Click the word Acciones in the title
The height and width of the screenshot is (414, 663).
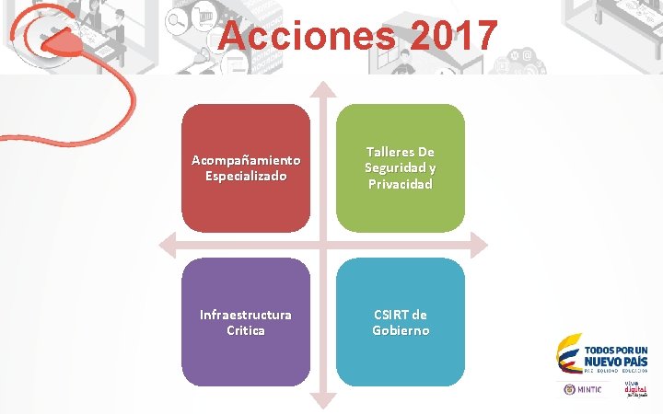point(299,37)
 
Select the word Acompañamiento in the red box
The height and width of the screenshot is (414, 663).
point(245,160)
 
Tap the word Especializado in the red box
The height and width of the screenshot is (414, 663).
point(245,176)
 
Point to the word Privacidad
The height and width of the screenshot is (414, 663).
point(401,184)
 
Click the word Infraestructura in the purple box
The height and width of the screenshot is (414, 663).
point(245,315)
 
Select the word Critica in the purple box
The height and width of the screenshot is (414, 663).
point(245,330)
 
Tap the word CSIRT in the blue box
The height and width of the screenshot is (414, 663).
point(389,315)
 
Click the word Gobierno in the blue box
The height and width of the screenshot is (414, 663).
point(401,330)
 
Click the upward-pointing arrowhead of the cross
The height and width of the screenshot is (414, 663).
point(322,90)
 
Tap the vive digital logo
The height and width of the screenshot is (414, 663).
point(635,390)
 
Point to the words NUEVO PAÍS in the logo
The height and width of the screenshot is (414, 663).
point(616,362)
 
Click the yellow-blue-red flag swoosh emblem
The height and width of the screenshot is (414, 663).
point(567,355)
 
